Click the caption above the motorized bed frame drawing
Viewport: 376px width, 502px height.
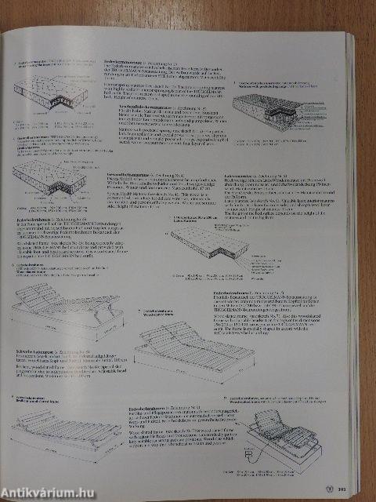click(274, 401)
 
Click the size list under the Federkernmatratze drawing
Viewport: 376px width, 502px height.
click(39, 124)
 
